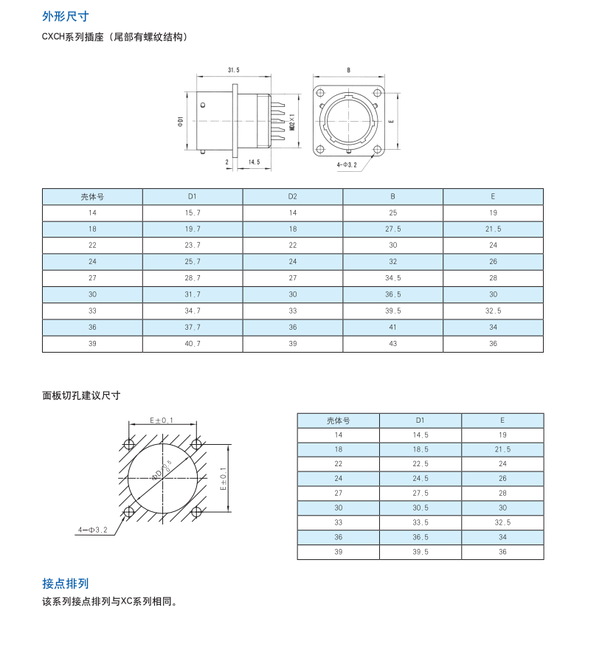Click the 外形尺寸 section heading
[x=65, y=16]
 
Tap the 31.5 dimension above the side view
[x=234, y=70]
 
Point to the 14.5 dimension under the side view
[x=255, y=162]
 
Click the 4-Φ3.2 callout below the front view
[x=347, y=165]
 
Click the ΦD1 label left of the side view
[x=180, y=122]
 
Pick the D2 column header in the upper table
[x=293, y=196]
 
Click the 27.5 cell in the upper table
[x=392, y=229]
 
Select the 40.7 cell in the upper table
[x=193, y=344]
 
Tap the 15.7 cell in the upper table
[x=193, y=213]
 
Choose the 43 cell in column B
[x=392, y=344]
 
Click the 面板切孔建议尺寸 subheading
[x=81, y=395]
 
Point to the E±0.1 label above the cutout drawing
[x=162, y=421]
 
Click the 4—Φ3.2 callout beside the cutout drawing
[x=93, y=530]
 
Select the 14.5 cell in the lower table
[x=421, y=435]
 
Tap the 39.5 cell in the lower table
[x=421, y=552]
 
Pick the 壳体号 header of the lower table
[x=339, y=421]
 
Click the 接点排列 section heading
[x=65, y=584]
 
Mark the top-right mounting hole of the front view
[x=377, y=92]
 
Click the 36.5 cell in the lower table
[x=421, y=537]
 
